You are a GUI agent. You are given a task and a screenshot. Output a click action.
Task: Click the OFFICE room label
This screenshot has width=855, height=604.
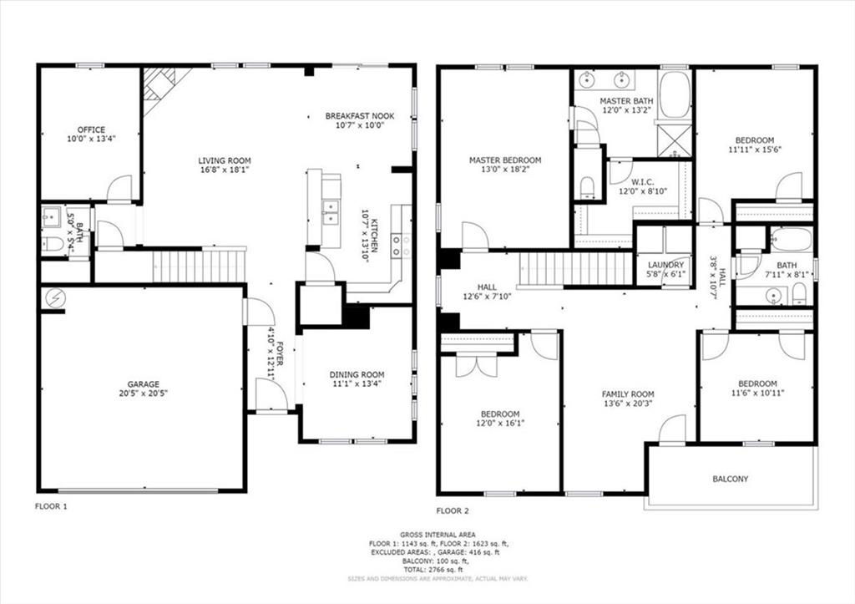91,129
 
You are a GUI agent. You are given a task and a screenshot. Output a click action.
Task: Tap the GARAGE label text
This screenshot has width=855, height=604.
144,384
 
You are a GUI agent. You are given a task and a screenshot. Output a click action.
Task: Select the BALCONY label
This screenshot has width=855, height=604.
730,479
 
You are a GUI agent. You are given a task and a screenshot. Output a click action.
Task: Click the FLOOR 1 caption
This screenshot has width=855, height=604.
51,506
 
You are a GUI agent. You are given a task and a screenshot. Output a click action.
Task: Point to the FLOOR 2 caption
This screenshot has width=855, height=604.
453,511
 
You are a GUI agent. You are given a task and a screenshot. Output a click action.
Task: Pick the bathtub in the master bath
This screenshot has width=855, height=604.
675,94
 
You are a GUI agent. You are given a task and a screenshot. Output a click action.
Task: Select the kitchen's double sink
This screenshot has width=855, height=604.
331,212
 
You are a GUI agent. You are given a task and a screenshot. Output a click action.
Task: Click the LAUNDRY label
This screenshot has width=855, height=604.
665,265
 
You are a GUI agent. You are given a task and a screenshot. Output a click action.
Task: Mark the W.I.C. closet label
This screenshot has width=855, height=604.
642,181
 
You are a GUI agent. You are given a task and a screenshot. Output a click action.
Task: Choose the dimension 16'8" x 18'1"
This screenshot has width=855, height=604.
225,170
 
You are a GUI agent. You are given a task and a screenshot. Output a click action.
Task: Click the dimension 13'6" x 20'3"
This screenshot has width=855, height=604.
628,404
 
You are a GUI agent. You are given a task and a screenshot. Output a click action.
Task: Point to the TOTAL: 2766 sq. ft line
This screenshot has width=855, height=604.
438,570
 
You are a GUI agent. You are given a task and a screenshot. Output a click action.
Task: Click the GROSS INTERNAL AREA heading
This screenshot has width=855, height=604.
438,535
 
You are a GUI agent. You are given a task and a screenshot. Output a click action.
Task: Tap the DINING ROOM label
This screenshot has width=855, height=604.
357,375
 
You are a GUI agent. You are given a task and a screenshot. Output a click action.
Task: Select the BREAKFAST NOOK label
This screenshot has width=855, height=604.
360,116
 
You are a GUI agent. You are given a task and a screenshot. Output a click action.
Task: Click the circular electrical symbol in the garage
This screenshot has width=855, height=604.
55,298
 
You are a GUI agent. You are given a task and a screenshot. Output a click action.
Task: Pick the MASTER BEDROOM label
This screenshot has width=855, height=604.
505,160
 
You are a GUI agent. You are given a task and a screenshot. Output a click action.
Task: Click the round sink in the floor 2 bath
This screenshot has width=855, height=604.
773,297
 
